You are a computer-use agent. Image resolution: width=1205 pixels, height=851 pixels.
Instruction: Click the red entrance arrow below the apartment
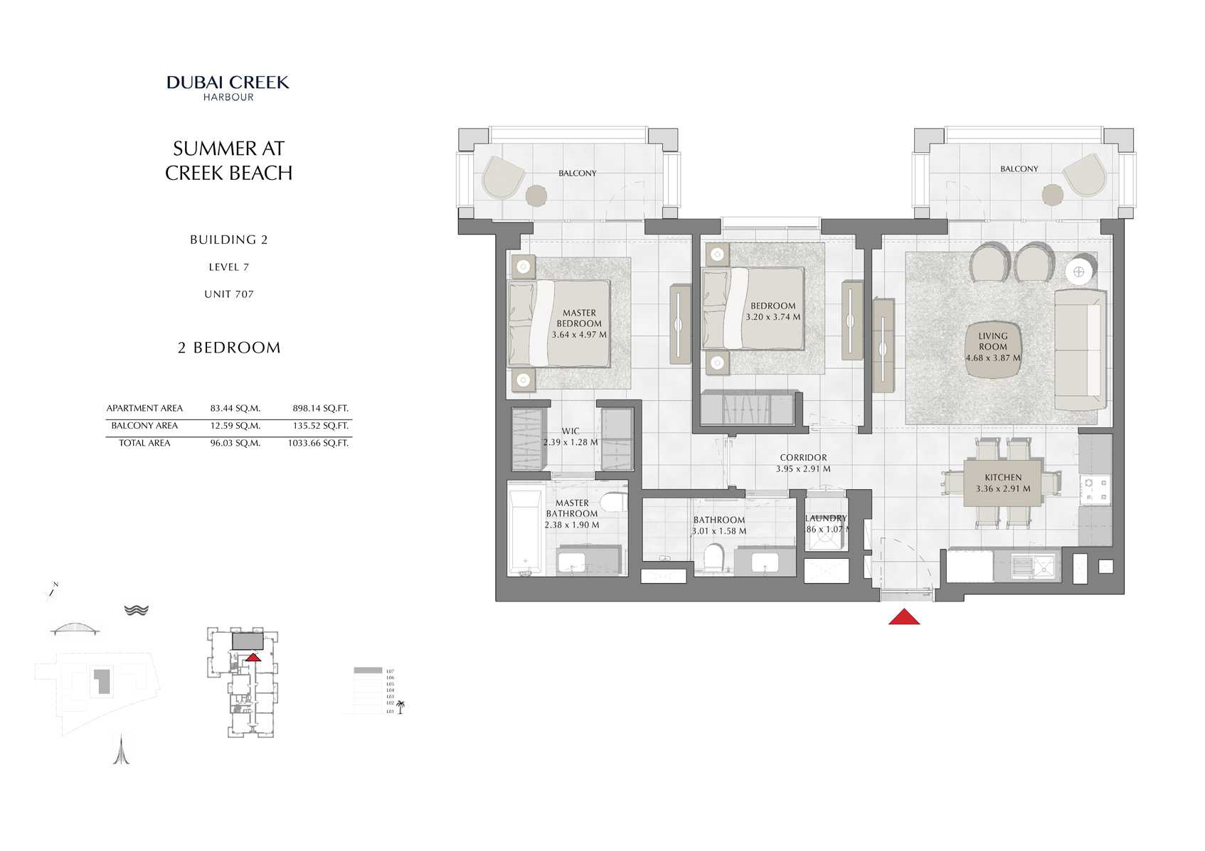point(903,617)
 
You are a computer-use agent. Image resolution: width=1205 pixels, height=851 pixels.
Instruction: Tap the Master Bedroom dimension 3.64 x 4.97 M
point(579,334)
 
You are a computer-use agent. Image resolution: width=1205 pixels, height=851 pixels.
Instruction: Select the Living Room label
point(992,341)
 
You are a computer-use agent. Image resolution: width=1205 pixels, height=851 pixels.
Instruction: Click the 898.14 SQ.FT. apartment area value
point(320,408)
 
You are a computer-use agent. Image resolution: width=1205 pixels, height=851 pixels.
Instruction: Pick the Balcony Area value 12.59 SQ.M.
point(235,426)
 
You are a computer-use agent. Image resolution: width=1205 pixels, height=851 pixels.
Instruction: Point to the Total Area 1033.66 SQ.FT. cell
point(318,443)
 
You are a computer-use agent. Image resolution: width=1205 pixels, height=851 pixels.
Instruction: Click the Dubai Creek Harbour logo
point(228,87)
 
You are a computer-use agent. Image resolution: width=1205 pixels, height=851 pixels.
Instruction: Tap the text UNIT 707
point(228,294)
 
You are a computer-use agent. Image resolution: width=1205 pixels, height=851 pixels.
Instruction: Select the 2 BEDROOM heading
point(229,348)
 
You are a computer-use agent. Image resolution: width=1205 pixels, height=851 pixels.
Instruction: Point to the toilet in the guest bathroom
point(712,558)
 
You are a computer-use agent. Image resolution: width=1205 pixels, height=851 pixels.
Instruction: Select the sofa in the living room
point(1080,350)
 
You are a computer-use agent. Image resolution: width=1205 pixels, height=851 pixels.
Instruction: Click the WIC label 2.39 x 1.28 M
point(570,437)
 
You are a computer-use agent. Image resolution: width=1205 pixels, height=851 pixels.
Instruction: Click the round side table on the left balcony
point(536,195)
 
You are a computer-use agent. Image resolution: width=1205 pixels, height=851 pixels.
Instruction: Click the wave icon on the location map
point(136,610)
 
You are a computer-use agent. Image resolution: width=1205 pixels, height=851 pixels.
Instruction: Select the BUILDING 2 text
point(228,240)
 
